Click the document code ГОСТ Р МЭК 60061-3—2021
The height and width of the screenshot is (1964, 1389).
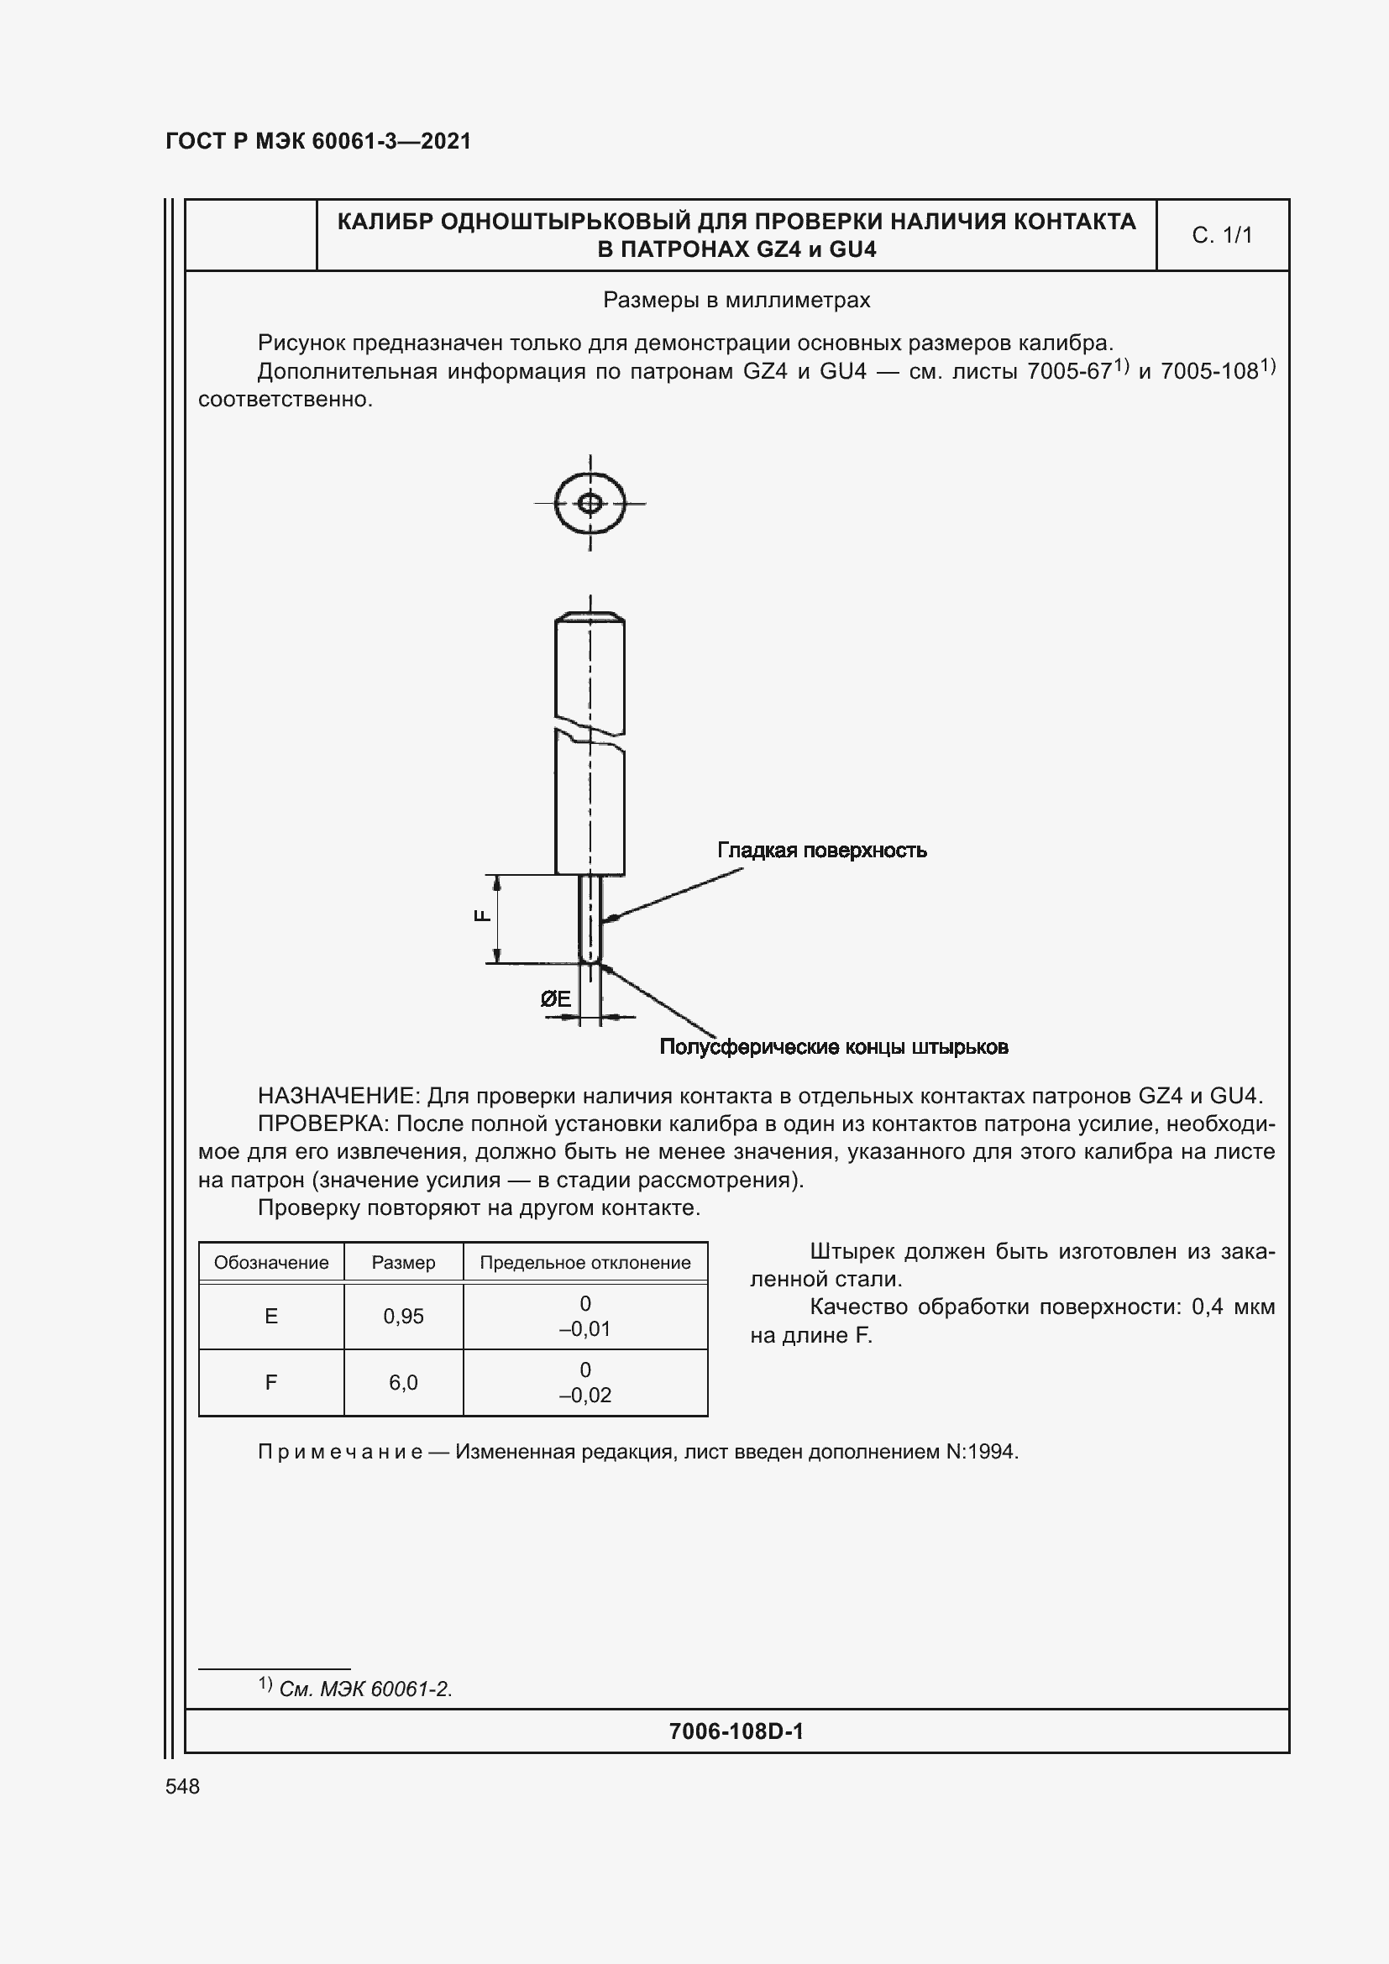318,141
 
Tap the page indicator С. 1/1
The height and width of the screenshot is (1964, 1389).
1221,235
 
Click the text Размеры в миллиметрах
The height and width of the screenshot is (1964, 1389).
736,301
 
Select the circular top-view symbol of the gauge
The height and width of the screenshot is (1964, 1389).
590,503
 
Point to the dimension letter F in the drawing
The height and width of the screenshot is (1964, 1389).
482,915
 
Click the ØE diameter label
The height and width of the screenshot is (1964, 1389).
556,998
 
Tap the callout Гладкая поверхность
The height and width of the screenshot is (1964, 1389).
821,851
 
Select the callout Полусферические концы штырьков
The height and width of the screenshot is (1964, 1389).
834,1047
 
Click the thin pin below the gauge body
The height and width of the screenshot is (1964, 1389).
590,917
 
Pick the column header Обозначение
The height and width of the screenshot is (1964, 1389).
271,1263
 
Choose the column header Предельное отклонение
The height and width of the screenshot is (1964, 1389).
585,1263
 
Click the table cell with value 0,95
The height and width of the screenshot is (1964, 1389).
403,1317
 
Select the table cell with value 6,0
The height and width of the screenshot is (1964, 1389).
403,1382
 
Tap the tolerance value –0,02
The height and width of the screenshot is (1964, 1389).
585,1396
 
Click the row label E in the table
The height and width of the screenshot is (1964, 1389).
271,1317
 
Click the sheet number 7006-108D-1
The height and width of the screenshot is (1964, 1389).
736,1731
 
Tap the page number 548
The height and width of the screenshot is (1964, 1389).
182,1786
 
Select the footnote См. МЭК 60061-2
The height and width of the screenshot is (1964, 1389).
365,1689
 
